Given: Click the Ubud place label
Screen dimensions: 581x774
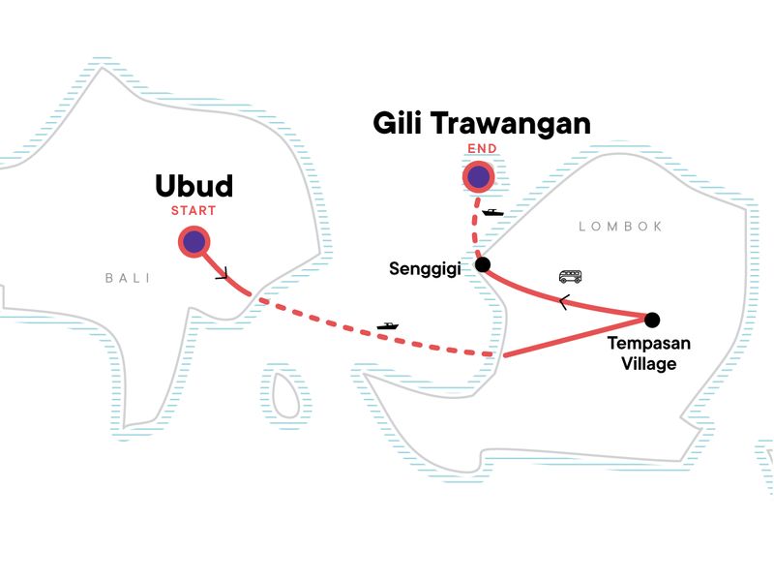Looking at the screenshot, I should pos(194,186).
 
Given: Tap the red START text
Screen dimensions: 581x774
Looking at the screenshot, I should pos(193,210).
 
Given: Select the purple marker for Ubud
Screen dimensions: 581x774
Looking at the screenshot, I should pos(193,242).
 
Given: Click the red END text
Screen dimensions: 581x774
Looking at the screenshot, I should pos(480,149).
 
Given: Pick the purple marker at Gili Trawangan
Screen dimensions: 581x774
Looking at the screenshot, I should pos(478,176).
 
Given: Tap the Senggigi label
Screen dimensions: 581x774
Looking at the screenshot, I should pos(429,268).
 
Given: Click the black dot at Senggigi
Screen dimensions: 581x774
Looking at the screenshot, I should pos(483,264).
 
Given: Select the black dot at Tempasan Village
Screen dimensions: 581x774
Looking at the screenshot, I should pos(651,320).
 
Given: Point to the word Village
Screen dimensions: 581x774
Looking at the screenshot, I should pos(649,364).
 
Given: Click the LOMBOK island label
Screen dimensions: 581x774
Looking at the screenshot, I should pos(620,227).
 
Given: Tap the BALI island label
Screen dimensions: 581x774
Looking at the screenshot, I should pos(128,278).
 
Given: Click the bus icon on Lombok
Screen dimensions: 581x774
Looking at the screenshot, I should pos(571,277).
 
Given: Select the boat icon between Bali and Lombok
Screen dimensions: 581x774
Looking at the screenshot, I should pos(388,326).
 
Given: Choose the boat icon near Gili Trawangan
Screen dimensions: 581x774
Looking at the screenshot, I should pos(492,212).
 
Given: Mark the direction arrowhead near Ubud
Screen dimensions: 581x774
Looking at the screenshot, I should pos(223,274).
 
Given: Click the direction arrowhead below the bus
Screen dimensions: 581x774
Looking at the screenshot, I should pos(563,300).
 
